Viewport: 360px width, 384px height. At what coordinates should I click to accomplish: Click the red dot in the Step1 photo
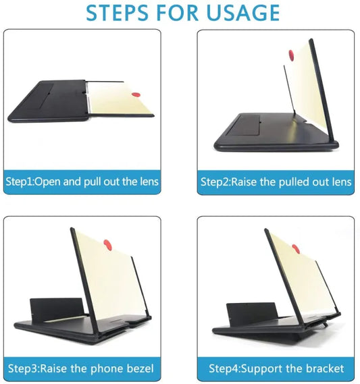136,95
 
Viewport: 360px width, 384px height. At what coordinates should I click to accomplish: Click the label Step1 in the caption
20,182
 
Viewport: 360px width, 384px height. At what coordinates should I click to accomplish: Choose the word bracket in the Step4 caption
324,368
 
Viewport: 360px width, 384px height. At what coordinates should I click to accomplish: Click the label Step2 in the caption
215,182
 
